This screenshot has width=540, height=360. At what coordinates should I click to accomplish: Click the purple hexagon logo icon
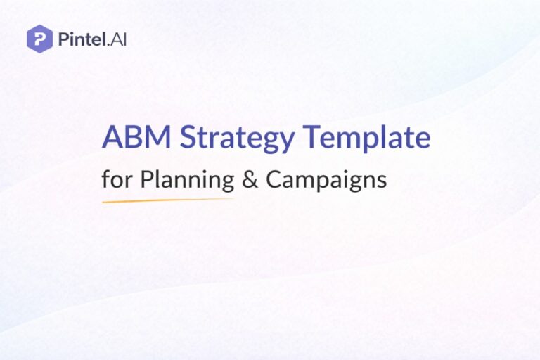pos(39,38)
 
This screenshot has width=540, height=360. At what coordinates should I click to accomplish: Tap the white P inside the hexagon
pos(39,38)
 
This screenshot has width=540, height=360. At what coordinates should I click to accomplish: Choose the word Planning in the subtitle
pos(187,180)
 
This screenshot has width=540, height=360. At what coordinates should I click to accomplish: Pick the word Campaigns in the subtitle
pos(326,180)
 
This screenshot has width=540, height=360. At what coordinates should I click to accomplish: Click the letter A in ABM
pos(112,138)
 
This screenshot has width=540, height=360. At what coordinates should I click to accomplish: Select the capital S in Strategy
pos(188,138)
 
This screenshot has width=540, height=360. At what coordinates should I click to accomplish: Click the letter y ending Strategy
pos(287,141)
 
